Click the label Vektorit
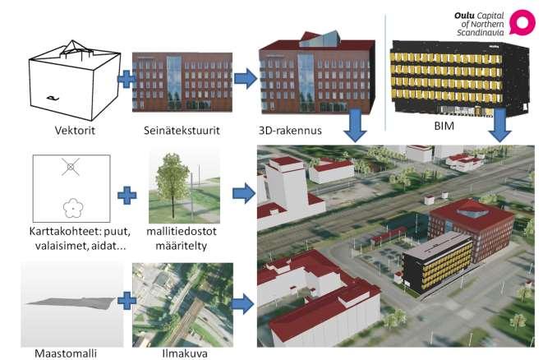(75, 131)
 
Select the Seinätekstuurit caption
(182, 131)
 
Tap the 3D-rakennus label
(290, 131)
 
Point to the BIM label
(444, 126)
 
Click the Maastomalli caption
(66, 353)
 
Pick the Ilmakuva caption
(185, 353)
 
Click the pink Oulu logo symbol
(522, 23)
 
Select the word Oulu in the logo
(464, 16)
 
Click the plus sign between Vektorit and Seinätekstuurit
(127, 79)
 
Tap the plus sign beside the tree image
(127, 196)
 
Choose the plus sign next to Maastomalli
(127, 301)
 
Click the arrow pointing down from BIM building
(499, 125)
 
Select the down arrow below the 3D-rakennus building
(356, 125)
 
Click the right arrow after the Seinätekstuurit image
(246, 79)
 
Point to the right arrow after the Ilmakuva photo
(243, 304)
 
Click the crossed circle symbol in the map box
(71, 167)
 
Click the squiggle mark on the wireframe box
(53, 99)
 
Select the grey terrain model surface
(71, 302)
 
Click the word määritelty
(181, 246)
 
